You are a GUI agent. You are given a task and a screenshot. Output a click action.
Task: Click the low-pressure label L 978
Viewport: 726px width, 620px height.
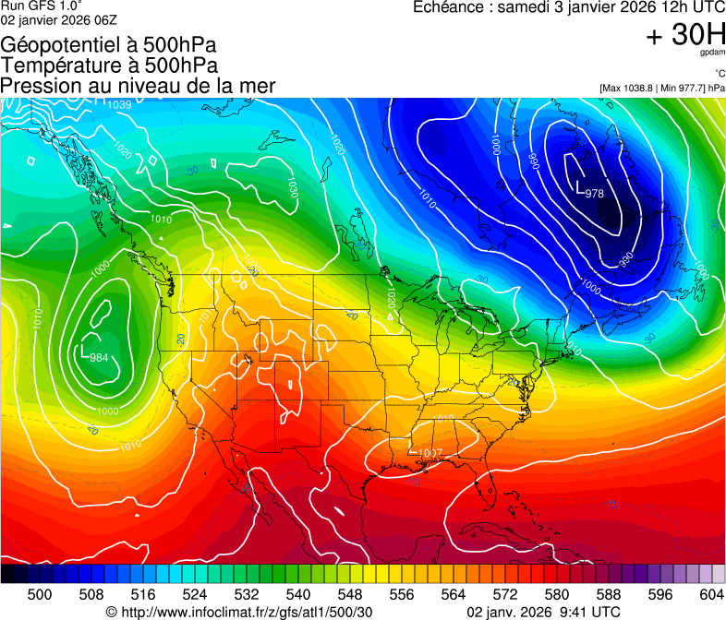pyautogui.click(x=590, y=192)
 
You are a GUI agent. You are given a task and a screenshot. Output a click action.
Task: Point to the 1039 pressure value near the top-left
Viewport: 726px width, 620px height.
pyautogui.click(x=118, y=104)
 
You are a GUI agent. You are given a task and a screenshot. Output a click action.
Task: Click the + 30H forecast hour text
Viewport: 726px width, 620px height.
pyautogui.click(x=685, y=35)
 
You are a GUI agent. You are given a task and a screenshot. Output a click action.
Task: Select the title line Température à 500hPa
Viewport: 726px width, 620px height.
pyautogui.click(x=109, y=66)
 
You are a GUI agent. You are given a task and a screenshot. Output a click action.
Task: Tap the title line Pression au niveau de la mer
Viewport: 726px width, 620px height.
pyautogui.click(x=139, y=86)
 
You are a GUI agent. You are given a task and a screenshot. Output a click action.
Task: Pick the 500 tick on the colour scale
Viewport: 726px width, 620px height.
pyautogui.click(x=40, y=595)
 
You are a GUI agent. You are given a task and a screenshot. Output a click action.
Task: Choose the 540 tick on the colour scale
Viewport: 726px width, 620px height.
pyautogui.click(x=298, y=595)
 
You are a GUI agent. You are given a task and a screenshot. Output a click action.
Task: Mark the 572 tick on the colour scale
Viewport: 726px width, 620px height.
pyautogui.click(x=505, y=595)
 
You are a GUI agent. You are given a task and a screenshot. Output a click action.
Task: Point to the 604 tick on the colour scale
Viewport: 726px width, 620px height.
pyautogui.click(x=711, y=595)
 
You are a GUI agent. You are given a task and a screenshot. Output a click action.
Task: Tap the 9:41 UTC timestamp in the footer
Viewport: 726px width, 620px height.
pyautogui.click(x=581, y=612)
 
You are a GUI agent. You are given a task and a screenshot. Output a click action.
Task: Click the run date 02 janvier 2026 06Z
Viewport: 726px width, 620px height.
pyautogui.click(x=58, y=19)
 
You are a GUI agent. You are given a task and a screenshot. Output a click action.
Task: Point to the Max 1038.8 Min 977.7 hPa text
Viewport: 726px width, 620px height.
pyautogui.click(x=661, y=88)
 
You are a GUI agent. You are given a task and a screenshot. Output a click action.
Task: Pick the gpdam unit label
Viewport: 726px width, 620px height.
pyautogui.click(x=713, y=55)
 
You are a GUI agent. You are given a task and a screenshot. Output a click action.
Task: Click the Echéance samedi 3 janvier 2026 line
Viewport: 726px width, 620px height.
pyautogui.click(x=568, y=7)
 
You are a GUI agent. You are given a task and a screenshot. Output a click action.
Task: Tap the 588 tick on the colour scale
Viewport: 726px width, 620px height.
pyautogui.click(x=608, y=595)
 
